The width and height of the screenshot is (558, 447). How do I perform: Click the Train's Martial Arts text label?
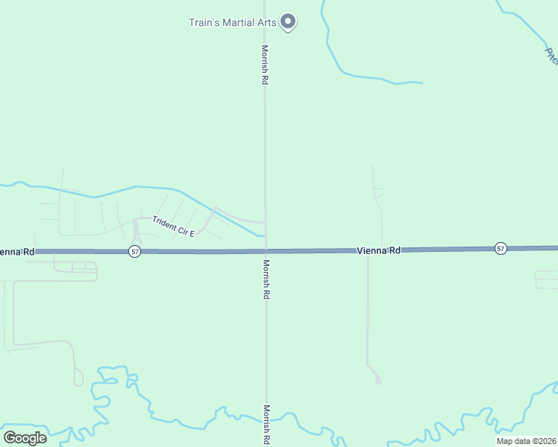click(232, 22)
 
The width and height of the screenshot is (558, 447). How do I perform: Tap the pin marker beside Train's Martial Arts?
click(289, 22)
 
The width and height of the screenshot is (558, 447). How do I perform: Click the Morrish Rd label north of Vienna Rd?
click(264, 64)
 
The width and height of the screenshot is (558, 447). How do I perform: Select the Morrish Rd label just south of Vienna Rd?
click(266, 279)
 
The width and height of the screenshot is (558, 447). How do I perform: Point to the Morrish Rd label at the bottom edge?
click(266, 425)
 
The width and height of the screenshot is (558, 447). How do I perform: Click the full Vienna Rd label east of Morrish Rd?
click(378, 250)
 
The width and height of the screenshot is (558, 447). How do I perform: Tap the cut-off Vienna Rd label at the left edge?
click(16, 252)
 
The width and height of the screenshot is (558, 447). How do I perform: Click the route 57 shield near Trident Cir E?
click(134, 252)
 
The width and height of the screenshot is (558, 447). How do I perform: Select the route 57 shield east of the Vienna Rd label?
click(501, 248)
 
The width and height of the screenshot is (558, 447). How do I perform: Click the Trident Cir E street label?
click(173, 226)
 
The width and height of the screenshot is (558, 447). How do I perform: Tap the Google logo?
click(25, 438)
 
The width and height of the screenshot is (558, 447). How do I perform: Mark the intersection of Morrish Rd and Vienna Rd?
click(266, 251)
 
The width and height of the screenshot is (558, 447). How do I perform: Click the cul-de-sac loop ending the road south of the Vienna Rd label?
click(378, 381)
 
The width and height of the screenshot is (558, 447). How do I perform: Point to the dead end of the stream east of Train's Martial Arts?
click(421, 82)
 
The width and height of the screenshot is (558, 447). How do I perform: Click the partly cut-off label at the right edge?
click(551, 55)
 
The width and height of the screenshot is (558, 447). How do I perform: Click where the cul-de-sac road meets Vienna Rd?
click(368, 251)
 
